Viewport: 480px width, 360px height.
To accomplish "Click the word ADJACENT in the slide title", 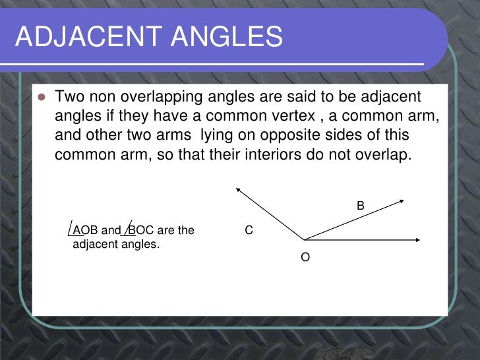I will click(x=86, y=37).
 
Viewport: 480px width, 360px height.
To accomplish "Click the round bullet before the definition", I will click(x=41, y=98).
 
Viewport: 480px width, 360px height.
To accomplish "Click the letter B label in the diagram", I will click(x=361, y=206).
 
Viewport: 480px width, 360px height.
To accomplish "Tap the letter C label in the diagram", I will click(x=249, y=231).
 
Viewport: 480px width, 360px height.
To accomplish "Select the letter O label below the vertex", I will click(x=305, y=257).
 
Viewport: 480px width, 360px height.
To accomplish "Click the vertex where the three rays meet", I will click(x=303, y=239).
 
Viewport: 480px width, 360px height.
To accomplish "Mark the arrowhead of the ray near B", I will click(x=403, y=200).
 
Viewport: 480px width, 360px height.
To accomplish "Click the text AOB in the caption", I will click(x=85, y=231).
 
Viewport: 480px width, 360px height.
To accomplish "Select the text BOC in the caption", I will click(x=140, y=231).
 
